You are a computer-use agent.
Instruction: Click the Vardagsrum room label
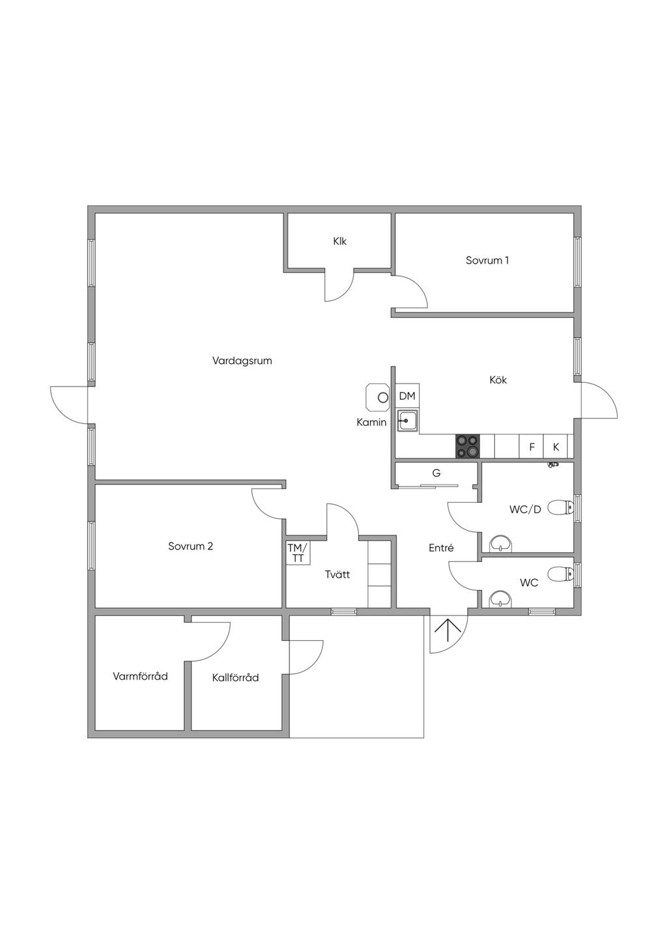(242, 361)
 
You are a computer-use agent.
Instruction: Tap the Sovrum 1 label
(487, 260)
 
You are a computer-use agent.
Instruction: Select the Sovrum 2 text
(190, 546)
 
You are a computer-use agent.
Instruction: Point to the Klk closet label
(339, 242)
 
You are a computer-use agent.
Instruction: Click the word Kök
(498, 380)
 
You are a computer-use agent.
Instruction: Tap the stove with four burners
(468, 447)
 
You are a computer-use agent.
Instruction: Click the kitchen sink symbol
(408, 421)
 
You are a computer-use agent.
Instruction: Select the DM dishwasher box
(407, 396)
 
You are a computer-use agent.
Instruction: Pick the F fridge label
(532, 447)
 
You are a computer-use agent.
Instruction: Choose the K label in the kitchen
(556, 447)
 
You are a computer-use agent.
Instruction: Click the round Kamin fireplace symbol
(383, 397)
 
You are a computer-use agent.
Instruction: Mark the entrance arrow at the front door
(448, 631)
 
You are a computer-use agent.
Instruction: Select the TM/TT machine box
(298, 553)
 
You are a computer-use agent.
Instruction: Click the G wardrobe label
(436, 473)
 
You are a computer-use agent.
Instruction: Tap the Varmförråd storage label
(140, 677)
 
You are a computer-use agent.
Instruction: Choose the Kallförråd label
(235, 678)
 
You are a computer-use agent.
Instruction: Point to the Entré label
(441, 548)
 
